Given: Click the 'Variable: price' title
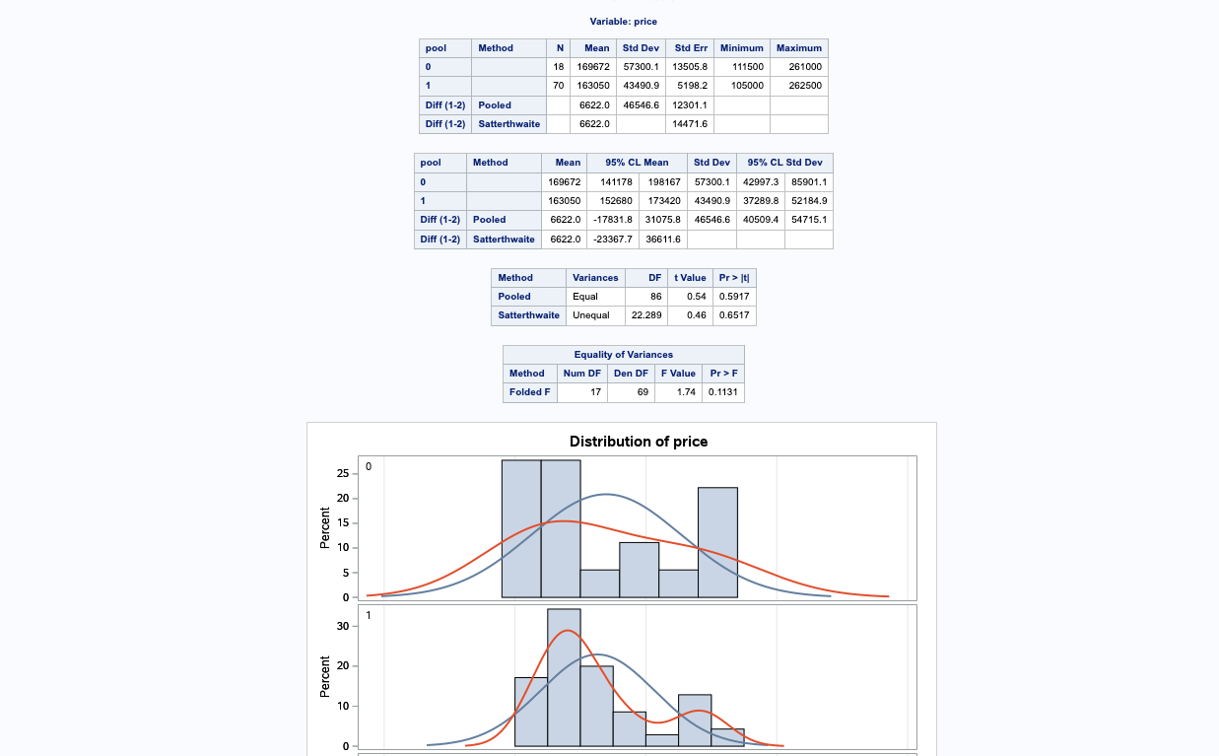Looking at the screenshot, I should [x=623, y=22].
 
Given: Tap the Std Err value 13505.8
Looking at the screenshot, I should [x=690, y=67].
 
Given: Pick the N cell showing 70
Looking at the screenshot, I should [x=558, y=86].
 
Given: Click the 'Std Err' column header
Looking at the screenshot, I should [x=690, y=48].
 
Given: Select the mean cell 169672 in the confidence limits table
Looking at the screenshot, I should [x=564, y=182].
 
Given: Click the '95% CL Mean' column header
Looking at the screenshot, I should [x=637, y=163].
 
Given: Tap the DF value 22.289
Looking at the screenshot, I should [x=646, y=315].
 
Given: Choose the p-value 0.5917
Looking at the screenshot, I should [x=734, y=297].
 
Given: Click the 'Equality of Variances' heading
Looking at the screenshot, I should [x=624, y=355].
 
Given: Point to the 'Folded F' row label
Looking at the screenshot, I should [x=530, y=392].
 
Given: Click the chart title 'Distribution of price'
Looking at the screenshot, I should [x=639, y=442].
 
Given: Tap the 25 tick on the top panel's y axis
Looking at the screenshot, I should [x=342, y=474].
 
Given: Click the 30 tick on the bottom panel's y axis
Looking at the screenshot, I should [x=342, y=626].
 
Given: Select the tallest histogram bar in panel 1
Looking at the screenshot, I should [x=564, y=677].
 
